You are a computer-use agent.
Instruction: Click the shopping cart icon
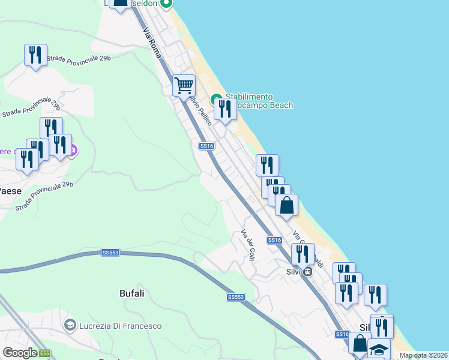[184, 85]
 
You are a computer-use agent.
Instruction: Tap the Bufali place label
[132, 294]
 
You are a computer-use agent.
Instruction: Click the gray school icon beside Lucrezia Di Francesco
[70, 326]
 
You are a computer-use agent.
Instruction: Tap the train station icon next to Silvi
[307, 271]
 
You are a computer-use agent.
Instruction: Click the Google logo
[20, 353]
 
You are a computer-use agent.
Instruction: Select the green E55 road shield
[45, 353]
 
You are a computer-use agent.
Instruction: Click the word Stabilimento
[249, 97]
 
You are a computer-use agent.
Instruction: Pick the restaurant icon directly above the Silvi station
[303, 254]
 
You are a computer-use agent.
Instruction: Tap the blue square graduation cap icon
[379, 349]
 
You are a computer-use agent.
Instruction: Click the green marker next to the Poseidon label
[167, 3]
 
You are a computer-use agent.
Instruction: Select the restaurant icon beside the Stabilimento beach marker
[225, 109]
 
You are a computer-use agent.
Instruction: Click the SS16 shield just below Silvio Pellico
[206, 146]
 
